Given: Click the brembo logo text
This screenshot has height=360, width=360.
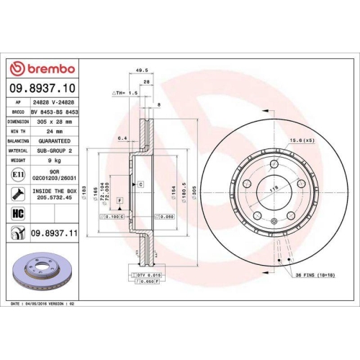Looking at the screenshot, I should click(x=47, y=68).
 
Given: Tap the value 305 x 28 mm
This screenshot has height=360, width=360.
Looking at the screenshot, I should click(x=57, y=122).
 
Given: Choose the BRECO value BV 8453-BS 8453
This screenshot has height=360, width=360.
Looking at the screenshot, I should click(x=57, y=112).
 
